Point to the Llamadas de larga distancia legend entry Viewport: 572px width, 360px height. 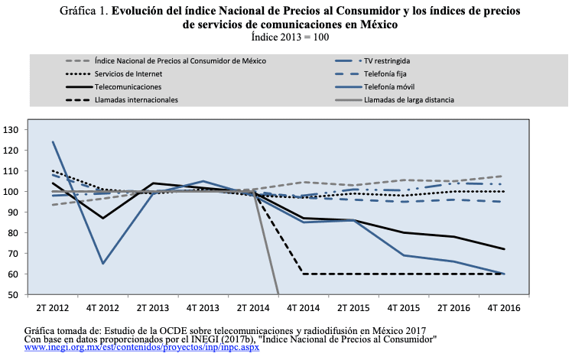[x=409, y=99]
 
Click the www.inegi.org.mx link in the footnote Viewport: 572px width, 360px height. [x=142, y=347]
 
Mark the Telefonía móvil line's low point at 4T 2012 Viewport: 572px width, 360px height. [x=102, y=264]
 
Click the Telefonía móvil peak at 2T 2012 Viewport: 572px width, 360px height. [x=54, y=142]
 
